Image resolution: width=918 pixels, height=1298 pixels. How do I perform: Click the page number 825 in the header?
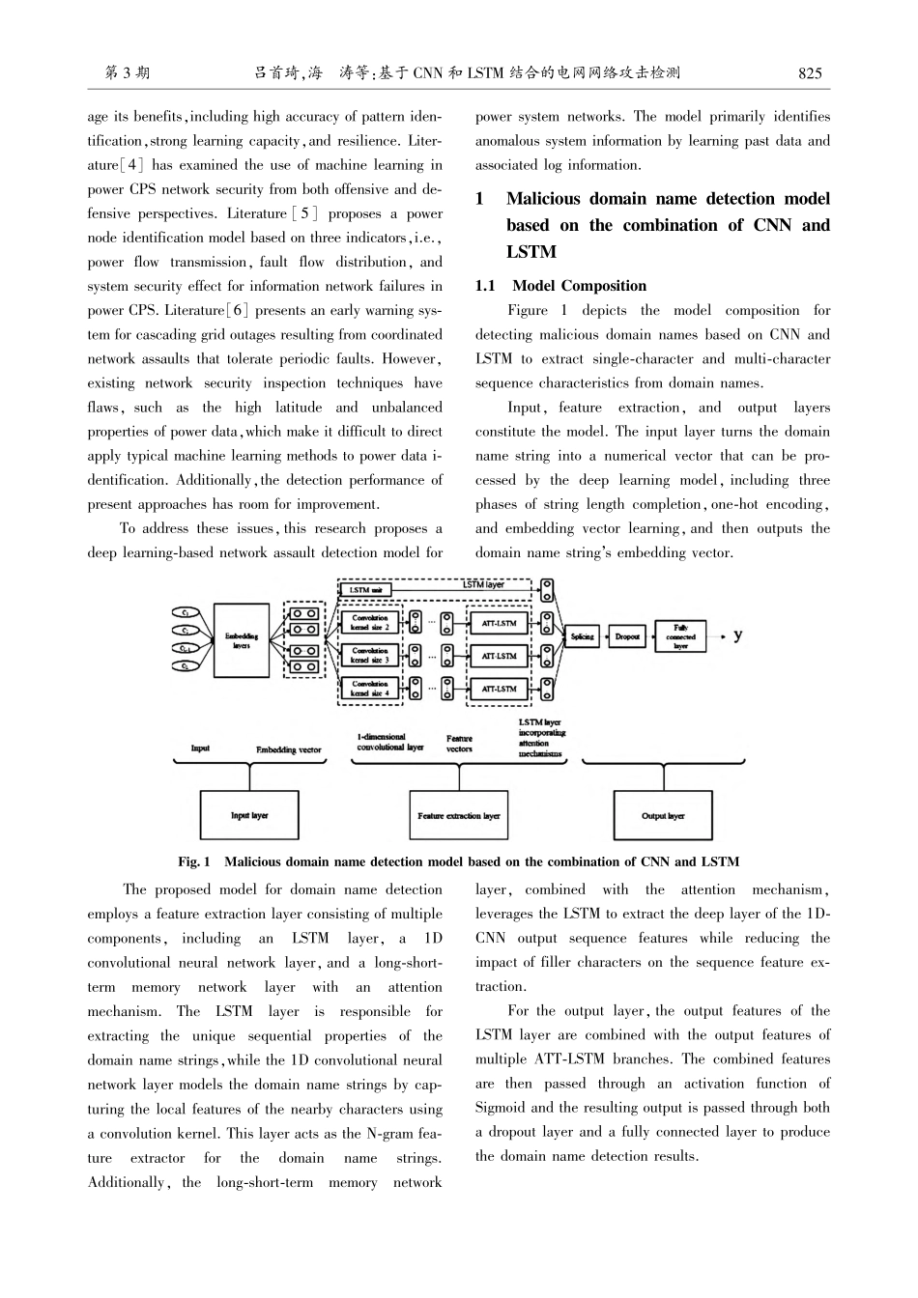810,72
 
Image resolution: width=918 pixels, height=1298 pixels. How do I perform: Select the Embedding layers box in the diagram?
242,640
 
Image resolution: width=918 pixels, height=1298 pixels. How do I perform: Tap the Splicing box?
582,636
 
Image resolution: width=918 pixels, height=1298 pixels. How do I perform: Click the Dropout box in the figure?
627,636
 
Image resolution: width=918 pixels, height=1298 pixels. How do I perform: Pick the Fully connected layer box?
680,636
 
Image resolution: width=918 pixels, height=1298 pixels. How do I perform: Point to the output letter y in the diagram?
738,635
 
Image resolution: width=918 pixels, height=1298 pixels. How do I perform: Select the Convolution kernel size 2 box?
370,623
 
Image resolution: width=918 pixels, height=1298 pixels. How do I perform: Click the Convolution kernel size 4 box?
370,689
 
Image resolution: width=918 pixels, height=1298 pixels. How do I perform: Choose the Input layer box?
249,816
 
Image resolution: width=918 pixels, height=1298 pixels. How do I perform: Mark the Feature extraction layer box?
459,816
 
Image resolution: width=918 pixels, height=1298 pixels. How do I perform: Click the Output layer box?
663,816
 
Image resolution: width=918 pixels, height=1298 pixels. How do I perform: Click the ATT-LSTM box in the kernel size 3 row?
499,657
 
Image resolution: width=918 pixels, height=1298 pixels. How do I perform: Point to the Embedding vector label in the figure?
289,749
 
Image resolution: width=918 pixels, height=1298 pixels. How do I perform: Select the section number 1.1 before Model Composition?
485,286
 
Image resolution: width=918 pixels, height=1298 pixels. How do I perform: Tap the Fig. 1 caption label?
193,861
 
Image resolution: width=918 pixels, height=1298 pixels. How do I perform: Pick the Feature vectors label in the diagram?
459,743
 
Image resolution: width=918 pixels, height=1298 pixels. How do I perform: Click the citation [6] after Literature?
238,310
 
